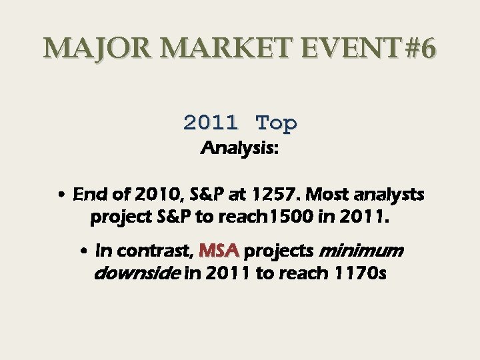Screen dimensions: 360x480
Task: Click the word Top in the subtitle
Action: (277, 123)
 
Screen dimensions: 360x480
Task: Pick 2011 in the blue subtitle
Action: (211, 123)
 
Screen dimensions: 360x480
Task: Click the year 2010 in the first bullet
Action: (153, 195)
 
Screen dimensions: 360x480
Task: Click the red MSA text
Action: (219, 251)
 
